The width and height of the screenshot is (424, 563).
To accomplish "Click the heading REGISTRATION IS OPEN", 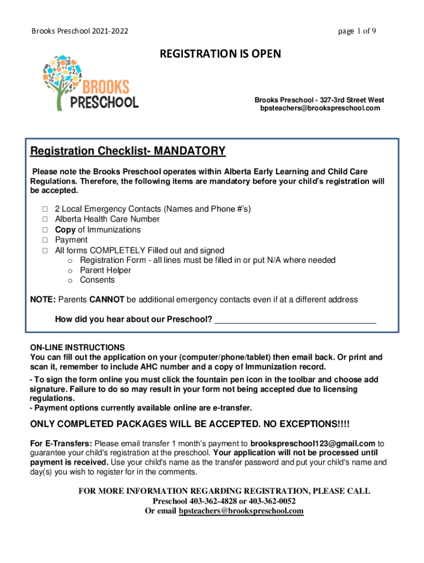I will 220,53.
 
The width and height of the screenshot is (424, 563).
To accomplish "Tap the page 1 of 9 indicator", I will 357,31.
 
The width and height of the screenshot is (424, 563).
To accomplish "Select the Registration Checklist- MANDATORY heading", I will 128,151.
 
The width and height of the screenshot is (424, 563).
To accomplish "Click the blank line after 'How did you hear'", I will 295,319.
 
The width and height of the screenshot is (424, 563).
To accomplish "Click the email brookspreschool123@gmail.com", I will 313,443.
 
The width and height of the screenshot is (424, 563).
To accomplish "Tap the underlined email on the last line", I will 241,511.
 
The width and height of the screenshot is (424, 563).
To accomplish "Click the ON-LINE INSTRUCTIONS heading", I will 77,347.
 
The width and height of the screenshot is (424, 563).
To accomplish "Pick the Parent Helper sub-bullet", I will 105,270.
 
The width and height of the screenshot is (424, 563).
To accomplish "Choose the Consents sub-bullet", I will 97,280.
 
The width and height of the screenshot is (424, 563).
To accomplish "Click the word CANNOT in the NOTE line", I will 106,300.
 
